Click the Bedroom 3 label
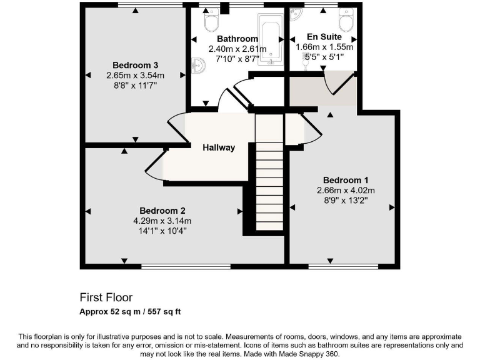pyautogui.click(x=135, y=65)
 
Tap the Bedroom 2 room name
pyautogui.click(x=162, y=211)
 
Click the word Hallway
pyautogui.click(x=219, y=147)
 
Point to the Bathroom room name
pyautogui.click(x=237, y=39)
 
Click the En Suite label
pyautogui.click(x=324, y=36)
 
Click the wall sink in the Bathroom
pyautogui.click(x=197, y=64)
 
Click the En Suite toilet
pyautogui.click(x=345, y=21)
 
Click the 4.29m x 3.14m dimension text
pyautogui.click(x=162, y=221)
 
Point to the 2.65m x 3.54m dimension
pyautogui.click(x=135, y=75)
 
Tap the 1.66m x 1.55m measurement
pyautogui.click(x=324, y=47)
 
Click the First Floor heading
pyautogui.click(x=106, y=297)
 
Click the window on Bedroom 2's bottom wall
pyautogui.click(x=186, y=267)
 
